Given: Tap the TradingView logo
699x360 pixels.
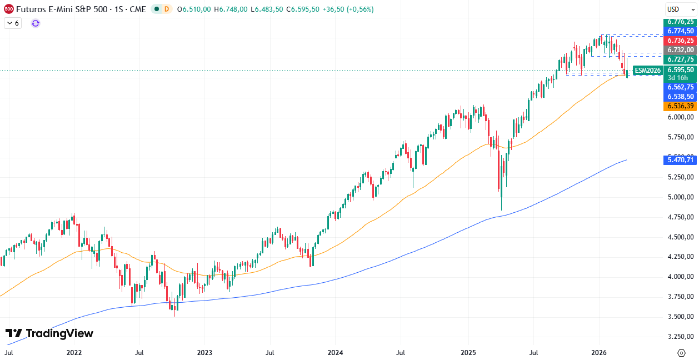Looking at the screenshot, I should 49,333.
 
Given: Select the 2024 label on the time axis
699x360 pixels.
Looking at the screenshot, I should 335,352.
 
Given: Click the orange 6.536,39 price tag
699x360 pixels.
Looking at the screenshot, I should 681,106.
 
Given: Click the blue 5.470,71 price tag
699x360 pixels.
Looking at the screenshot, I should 681,160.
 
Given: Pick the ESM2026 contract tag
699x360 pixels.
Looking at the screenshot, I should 648,71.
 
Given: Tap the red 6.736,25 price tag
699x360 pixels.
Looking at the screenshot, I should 681,41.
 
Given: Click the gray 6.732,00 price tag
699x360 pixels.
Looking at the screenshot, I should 681,50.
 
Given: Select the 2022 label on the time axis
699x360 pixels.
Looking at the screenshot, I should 74,352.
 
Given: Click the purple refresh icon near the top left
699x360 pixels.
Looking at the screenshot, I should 36,23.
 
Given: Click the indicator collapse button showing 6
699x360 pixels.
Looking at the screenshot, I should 13,23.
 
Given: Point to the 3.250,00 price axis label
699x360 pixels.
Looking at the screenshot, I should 681,336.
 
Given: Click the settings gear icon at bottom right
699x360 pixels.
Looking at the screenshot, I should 681,352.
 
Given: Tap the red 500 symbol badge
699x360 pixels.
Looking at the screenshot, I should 8,9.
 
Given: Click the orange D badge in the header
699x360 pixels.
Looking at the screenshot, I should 167,9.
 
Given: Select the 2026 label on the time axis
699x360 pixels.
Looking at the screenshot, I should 598,352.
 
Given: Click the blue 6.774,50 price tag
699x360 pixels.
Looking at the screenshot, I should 681,31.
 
